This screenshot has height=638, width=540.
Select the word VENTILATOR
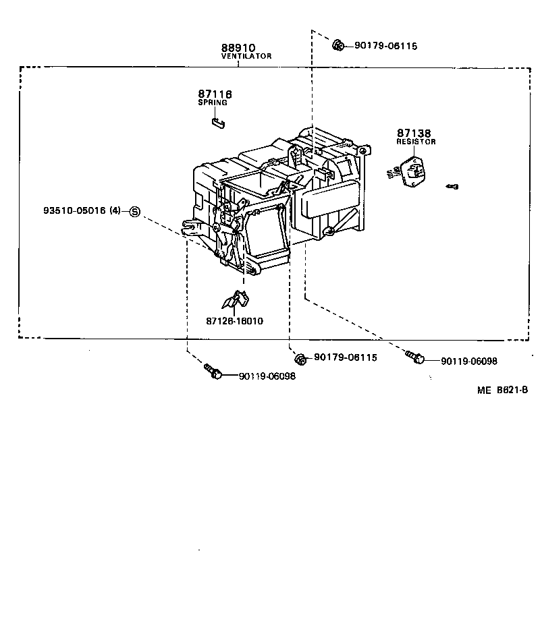click(246, 57)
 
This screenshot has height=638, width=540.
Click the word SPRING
click(212, 103)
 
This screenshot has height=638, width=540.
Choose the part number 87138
click(414, 134)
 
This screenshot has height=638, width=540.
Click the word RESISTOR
click(416, 142)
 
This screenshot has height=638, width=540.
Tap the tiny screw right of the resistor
click(453, 186)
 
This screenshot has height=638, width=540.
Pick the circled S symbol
click(134, 212)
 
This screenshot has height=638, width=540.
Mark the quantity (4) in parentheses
click(115, 211)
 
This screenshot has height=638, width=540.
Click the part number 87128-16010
click(235, 321)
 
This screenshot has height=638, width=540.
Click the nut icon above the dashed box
click(338, 45)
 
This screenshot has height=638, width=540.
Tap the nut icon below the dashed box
click(302, 357)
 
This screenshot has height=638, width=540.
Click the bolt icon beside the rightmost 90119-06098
click(415, 357)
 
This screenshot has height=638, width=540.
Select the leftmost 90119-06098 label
click(267, 376)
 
